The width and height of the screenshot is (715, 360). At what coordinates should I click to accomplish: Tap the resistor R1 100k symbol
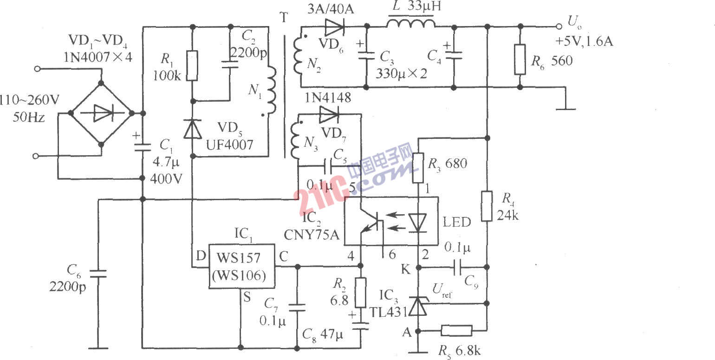tap(193, 66)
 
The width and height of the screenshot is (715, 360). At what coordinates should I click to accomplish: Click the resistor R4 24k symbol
tap(487, 206)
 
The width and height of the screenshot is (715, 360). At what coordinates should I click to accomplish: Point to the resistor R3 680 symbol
tap(419, 168)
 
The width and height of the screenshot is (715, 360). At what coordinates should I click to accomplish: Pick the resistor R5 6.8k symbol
tap(456, 331)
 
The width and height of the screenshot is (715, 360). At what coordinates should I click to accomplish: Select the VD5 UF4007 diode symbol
tap(193, 129)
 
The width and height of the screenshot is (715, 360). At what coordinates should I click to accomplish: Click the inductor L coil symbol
tap(411, 23)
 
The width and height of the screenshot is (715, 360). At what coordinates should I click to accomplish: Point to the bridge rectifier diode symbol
tap(101, 113)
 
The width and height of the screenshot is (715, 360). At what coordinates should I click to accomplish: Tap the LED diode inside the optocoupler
tap(419, 222)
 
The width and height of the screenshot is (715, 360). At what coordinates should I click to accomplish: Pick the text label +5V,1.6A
tap(584, 42)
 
